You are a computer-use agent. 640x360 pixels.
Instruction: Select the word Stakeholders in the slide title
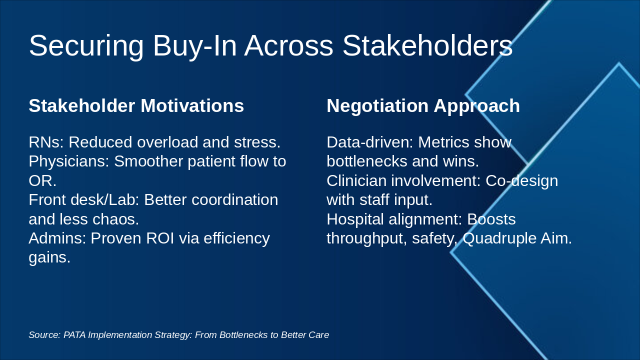(427, 45)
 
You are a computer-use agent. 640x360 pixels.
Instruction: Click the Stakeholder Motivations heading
(136, 105)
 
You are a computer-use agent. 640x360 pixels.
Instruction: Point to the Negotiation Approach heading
(423, 106)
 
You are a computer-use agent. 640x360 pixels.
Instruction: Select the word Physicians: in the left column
(69, 161)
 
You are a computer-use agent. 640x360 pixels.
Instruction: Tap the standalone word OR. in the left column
(42, 181)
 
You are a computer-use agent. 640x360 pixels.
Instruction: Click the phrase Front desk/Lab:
(84, 199)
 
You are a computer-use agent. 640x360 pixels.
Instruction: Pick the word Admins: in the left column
(57, 238)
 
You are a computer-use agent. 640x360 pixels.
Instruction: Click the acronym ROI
(160, 238)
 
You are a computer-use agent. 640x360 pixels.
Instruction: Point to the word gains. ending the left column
(49, 257)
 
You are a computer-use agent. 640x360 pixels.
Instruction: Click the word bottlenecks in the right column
(367, 161)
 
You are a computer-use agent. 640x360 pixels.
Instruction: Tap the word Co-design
(521, 181)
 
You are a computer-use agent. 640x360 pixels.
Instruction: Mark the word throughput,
(367, 238)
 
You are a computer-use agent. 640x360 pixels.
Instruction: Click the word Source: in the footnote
(44, 335)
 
